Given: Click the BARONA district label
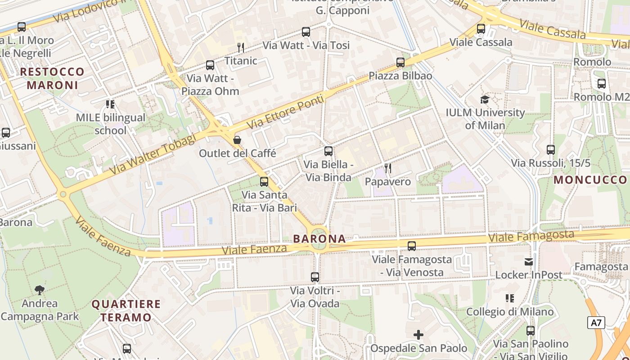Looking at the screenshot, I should pos(319,238).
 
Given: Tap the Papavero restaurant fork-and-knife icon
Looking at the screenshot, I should pos(388,168).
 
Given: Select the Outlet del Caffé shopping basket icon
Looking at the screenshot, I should pos(237,140).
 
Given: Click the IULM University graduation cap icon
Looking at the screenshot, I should pos(485,99).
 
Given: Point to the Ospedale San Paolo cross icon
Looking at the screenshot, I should pos(418,334).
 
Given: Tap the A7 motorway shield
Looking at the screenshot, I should pos(596,323).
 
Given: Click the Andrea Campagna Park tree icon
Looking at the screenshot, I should pos(40,290).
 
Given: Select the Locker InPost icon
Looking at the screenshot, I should pos(529,261).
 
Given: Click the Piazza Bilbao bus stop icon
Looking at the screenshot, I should pos(400,63).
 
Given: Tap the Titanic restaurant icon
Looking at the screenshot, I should pos(241,47).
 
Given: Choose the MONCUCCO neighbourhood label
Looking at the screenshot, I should pos(590,180).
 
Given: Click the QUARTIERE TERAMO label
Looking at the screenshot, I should pos(126,310).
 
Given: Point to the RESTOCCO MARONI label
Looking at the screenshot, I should pos(52,78).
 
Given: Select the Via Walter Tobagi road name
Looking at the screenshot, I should pos(153,154).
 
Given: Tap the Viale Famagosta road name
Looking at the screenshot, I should pos(531,236).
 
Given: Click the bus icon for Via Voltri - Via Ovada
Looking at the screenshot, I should pos(315,277).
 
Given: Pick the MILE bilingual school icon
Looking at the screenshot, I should pos(110,104).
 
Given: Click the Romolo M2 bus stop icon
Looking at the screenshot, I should pos(602,84).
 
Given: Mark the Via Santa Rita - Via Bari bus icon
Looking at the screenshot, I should pos(264,182).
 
